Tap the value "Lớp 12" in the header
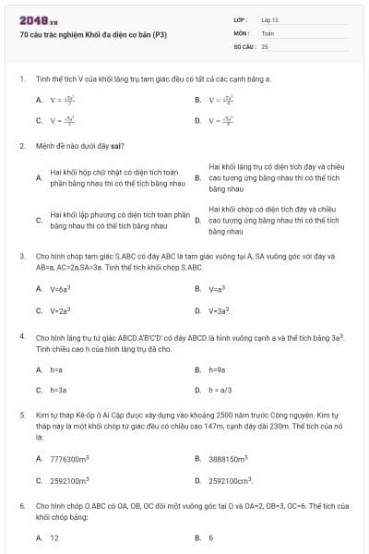[269, 19]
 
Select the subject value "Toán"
[268, 32]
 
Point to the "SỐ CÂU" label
[244, 45]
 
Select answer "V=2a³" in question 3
[61, 311]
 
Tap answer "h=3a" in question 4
[59, 391]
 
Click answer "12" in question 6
[54, 537]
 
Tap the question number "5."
[22, 416]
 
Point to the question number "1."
[22, 79]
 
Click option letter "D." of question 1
[197, 120]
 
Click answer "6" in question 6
[210, 537]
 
